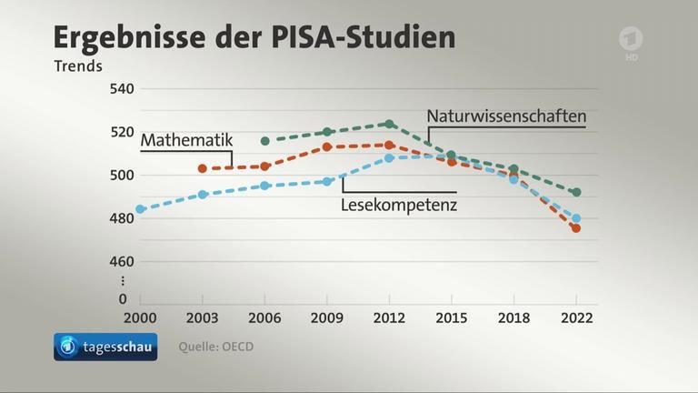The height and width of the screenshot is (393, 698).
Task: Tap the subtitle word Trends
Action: [x=78, y=65]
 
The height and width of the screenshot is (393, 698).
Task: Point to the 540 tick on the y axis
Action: [x=121, y=89]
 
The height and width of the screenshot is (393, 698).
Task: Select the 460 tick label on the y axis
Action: [x=121, y=262]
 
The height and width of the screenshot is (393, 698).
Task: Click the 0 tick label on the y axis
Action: [x=123, y=298]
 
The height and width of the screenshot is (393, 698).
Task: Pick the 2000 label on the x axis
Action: [x=140, y=318]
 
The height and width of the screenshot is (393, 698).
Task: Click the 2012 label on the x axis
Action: [x=389, y=318]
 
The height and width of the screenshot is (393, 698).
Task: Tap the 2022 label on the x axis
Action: [x=576, y=318]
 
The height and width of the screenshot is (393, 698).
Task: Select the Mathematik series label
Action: [x=187, y=141]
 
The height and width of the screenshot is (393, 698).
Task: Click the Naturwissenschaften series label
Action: [x=506, y=116]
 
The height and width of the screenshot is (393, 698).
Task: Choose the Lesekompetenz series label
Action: [x=398, y=206]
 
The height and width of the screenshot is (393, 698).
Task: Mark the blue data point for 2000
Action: [x=140, y=209]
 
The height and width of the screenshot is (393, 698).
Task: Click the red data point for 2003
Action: [x=203, y=168]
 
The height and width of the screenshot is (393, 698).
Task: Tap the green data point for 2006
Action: [x=264, y=141]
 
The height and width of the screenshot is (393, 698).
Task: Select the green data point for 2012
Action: [x=389, y=124]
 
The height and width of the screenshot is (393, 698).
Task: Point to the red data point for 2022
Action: [x=576, y=228]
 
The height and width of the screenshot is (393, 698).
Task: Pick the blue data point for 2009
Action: [x=327, y=181]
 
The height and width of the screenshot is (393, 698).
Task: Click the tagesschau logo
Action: [x=105, y=347]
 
